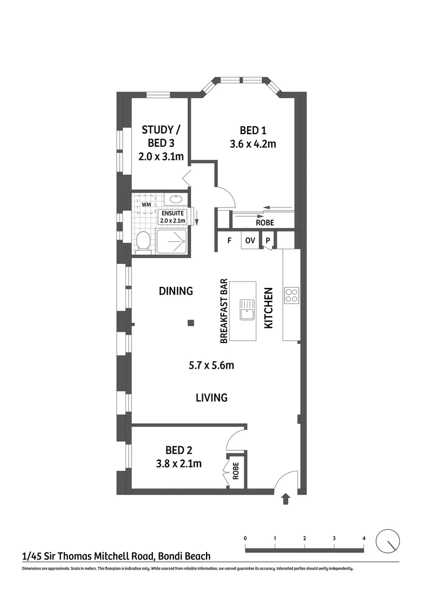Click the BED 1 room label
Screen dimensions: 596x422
coord(254,131)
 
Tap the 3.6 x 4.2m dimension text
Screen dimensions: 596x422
coord(254,145)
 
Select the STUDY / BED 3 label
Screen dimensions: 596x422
coord(161,143)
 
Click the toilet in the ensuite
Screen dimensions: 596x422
coord(143,241)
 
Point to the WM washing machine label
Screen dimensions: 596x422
coord(146,205)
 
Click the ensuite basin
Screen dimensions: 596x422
coord(175,199)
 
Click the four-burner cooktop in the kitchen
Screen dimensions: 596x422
coord(291,295)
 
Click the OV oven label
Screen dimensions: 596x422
coord(250,240)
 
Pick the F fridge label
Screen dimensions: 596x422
coord(229,240)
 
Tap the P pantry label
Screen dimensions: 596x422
coord(267,240)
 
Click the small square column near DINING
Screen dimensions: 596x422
coord(190,323)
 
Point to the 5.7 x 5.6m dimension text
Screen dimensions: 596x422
coord(212,365)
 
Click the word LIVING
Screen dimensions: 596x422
coord(212,397)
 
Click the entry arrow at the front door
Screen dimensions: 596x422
coord(286,499)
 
